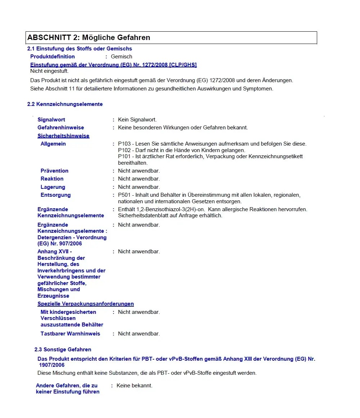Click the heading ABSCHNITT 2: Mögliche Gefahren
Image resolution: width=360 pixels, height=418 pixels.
click(89, 37)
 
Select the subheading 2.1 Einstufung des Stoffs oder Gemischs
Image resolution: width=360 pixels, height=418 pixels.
click(80, 49)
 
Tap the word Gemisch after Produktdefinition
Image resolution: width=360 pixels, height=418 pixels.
click(121, 57)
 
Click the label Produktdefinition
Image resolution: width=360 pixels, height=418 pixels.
click(53, 57)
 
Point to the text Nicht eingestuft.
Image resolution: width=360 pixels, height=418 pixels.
click(49, 71)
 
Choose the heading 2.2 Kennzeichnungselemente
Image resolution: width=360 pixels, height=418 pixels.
click(65, 104)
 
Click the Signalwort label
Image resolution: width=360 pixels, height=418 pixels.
click(51, 120)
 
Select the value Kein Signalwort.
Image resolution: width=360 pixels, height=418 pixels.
click(137, 120)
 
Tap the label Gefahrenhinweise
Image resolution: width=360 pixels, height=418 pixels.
click(61, 128)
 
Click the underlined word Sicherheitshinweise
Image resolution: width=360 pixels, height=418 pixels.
click(63, 136)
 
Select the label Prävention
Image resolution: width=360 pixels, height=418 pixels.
click(54, 171)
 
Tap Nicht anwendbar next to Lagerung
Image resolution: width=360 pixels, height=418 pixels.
click(139, 187)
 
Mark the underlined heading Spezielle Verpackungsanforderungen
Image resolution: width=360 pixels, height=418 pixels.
click(86, 304)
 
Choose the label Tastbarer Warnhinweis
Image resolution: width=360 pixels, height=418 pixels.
click(70, 334)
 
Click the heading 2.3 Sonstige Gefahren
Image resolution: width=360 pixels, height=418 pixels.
click(63, 350)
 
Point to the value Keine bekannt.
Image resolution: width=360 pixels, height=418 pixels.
click(134, 386)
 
